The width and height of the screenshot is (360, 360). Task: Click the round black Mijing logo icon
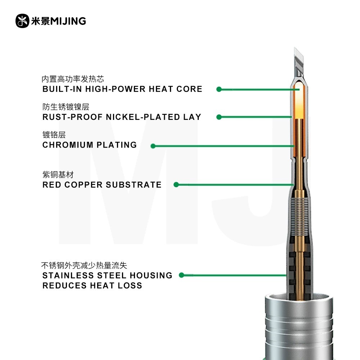coord(22,21)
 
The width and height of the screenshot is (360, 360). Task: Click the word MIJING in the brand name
coord(68,21)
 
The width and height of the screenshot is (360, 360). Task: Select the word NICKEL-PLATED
coord(143,117)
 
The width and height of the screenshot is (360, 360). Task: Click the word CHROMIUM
coord(68,145)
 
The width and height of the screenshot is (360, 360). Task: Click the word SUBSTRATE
coord(134,185)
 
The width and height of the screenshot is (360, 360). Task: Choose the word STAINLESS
coord(68,275)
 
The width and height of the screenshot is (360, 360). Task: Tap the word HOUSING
coord(151,275)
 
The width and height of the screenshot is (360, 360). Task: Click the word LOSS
coord(130,285)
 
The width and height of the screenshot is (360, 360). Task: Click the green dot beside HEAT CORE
coord(219,89)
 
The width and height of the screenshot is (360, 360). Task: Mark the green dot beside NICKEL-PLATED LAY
coord(219,117)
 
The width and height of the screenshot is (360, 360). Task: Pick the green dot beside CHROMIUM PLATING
coord(153,146)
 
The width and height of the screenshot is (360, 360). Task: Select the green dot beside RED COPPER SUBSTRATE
coord(176,185)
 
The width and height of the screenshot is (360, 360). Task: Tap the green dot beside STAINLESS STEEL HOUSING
coord(181,275)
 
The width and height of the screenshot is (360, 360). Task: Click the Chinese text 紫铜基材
coord(58,175)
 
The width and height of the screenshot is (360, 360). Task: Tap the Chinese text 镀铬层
coord(54,135)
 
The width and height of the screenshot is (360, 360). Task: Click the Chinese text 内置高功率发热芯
coord(73,79)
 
